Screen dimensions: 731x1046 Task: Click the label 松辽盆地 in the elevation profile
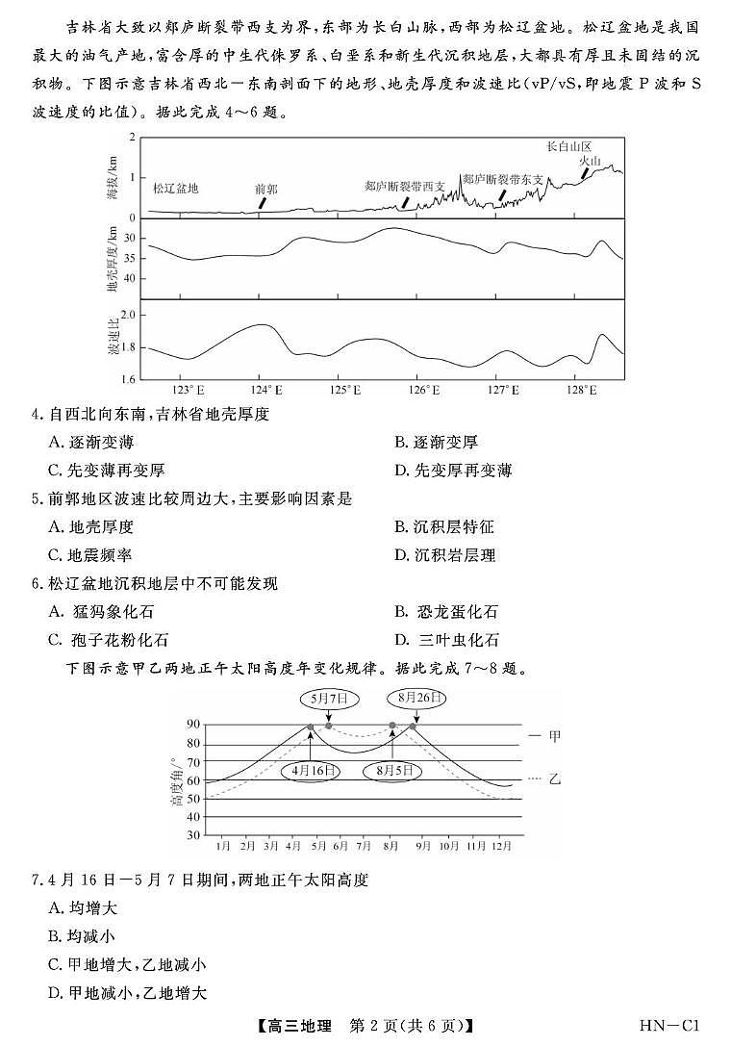[x=175, y=189]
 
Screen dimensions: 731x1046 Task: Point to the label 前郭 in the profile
[x=266, y=189]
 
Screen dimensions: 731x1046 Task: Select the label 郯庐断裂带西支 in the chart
[x=405, y=185]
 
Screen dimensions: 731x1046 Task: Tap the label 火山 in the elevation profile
[x=590, y=162]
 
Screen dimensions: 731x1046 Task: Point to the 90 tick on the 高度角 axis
[x=194, y=725]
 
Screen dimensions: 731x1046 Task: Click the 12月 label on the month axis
[x=501, y=846]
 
